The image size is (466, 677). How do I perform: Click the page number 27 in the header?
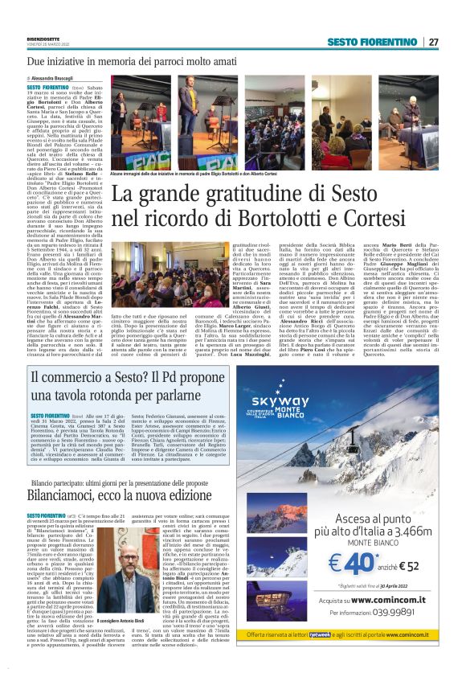click(x=434, y=42)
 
